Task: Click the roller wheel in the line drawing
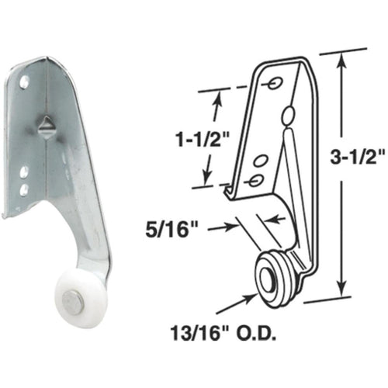(x=276, y=274)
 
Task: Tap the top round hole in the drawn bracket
(x=275, y=81)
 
